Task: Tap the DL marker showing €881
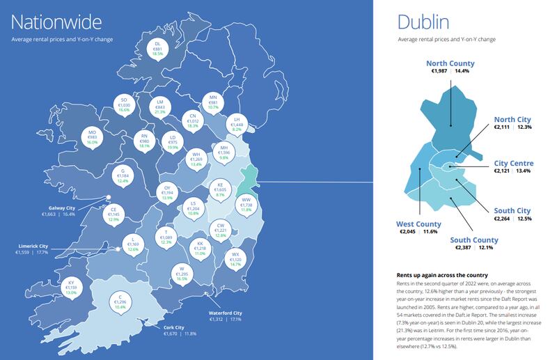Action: pyautogui.click(x=157, y=48)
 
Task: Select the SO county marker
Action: pyautogui.click(x=124, y=105)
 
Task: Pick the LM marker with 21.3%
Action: pyautogui.click(x=160, y=106)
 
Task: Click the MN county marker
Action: pyautogui.click(x=213, y=103)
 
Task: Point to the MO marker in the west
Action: pyautogui.click(x=92, y=136)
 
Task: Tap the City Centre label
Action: pyautogui.click(x=513, y=163)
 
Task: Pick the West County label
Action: pyautogui.click(x=414, y=224)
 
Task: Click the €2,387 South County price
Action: pyautogui.click(x=464, y=248)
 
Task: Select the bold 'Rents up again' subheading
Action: pyautogui.click(x=441, y=275)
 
